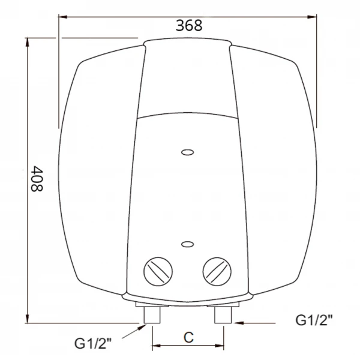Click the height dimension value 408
click(37, 179)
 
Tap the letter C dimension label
click(188, 337)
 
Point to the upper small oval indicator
click(187, 152)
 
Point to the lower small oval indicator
click(187, 244)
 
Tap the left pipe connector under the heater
click(152, 314)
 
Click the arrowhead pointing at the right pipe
click(235, 322)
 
